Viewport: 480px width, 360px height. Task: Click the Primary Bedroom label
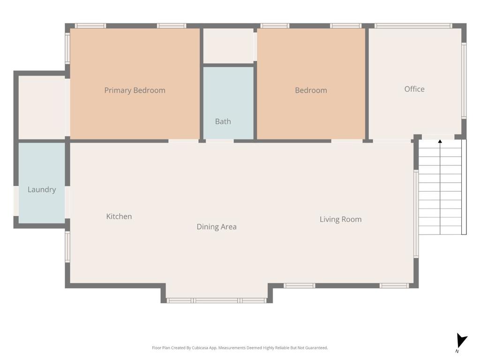pyautogui.click(x=135, y=90)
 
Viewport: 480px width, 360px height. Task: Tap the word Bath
pyautogui.click(x=223, y=121)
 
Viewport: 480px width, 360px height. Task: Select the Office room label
pyautogui.click(x=414, y=89)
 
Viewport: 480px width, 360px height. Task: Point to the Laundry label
pyautogui.click(x=42, y=190)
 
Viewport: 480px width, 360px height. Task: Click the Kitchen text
pyautogui.click(x=119, y=217)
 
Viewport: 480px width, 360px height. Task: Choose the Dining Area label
pyautogui.click(x=217, y=227)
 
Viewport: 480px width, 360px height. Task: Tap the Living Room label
pyautogui.click(x=340, y=219)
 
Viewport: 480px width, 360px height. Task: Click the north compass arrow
pyautogui.click(x=461, y=341)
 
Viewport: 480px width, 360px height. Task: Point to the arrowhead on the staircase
pyautogui.click(x=440, y=142)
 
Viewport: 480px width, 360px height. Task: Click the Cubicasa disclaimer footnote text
pyautogui.click(x=240, y=348)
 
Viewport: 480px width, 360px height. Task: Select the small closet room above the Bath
pyautogui.click(x=228, y=46)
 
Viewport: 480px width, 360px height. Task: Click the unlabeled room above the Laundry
pyautogui.click(x=42, y=107)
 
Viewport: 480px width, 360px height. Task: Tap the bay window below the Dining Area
pyautogui.click(x=217, y=300)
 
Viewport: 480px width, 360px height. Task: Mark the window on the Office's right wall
pyautogui.click(x=464, y=81)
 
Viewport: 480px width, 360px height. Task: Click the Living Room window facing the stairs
pyautogui.click(x=416, y=214)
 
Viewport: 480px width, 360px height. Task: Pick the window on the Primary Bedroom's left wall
pyautogui.click(x=67, y=48)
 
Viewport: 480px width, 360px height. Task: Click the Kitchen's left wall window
pyautogui.click(x=67, y=247)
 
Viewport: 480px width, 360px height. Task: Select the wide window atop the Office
pyautogui.click(x=413, y=26)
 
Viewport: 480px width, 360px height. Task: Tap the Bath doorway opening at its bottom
pyautogui.click(x=220, y=141)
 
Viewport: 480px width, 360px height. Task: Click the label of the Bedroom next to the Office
pyautogui.click(x=311, y=90)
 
